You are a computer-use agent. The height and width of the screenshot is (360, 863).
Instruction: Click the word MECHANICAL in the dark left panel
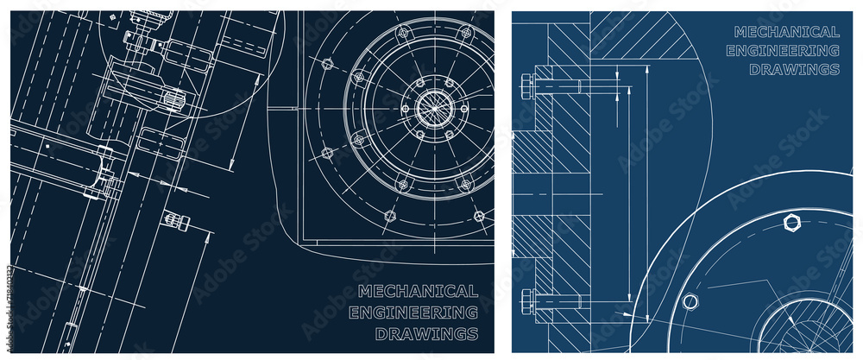pyautogui.click(x=417, y=291)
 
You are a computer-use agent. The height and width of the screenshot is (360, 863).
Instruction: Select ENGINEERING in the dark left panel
pyautogui.click(x=413, y=312)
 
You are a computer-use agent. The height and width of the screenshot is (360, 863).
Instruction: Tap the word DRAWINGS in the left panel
pyautogui.click(x=426, y=333)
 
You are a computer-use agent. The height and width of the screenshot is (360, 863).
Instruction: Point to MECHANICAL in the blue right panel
pyautogui.click(x=786, y=32)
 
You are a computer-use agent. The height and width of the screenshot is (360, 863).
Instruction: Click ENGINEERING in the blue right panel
pyautogui.click(x=782, y=50)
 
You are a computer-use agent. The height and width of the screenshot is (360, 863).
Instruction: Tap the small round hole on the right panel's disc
pyautogui.click(x=690, y=301)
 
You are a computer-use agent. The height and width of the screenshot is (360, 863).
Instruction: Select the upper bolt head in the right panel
pyautogui.click(x=527, y=85)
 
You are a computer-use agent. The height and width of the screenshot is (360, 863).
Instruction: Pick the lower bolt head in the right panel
pyautogui.click(x=527, y=302)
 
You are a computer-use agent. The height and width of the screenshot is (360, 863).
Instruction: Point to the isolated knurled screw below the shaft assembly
pyautogui.click(x=178, y=222)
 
